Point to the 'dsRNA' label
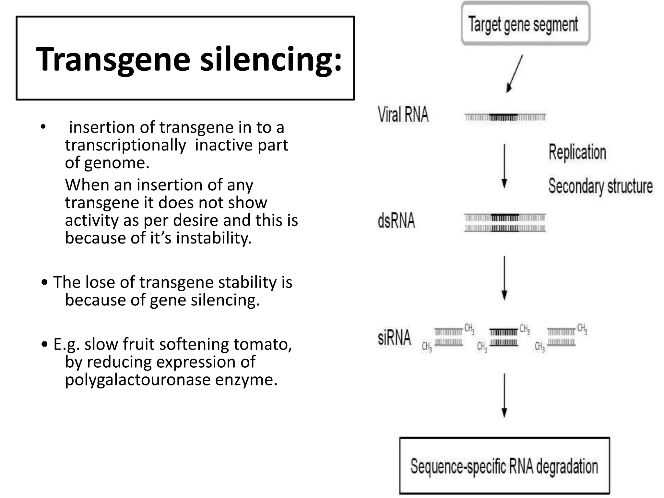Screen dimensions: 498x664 pyautogui.click(x=396, y=221)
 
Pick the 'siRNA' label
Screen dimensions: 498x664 pyautogui.click(x=394, y=337)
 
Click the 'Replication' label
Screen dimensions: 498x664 pyautogui.click(x=577, y=152)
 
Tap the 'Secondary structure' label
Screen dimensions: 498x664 pyautogui.click(x=600, y=186)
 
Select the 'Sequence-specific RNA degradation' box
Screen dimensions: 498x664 pyautogui.click(x=504, y=466)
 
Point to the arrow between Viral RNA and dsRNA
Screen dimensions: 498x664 pyautogui.click(x=504, y=166)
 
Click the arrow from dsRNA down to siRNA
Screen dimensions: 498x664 pyautogui.click(x=504, y=278)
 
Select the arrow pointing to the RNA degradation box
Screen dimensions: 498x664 pyautogui.click(x=504, y=396)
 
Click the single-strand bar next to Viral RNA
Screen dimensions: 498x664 pyautogui.click(x=505, y=117)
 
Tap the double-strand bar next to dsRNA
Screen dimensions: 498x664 pyautogui.click(x=505, y=223)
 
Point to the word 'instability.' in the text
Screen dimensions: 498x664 pyautogui.click(x=214, y=238)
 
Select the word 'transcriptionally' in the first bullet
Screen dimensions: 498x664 pyautogui.click(x=125, y=145)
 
